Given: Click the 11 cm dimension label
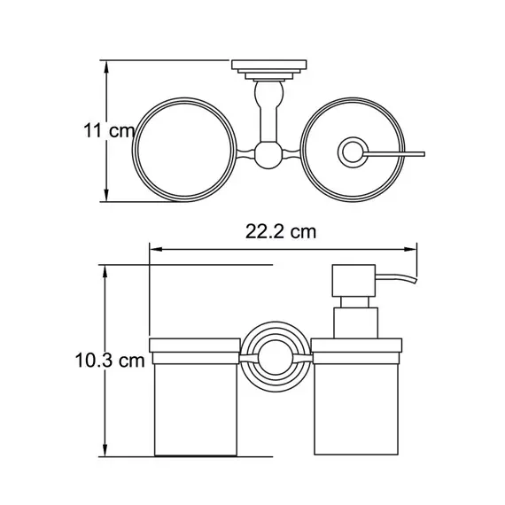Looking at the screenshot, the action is (109, 131).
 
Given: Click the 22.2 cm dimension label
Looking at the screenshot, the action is (281, 231).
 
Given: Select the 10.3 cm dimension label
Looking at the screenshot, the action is (110, 360).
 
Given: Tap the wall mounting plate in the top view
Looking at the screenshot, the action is (269, 70).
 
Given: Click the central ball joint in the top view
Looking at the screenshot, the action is (268, 155).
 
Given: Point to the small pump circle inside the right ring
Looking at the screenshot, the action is (353, 152).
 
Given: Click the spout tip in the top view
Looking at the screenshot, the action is (423, 154).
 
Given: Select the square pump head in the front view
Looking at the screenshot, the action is (353, 281).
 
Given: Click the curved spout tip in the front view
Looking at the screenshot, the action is (416, 280).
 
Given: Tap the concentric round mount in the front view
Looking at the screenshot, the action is (276, 356).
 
